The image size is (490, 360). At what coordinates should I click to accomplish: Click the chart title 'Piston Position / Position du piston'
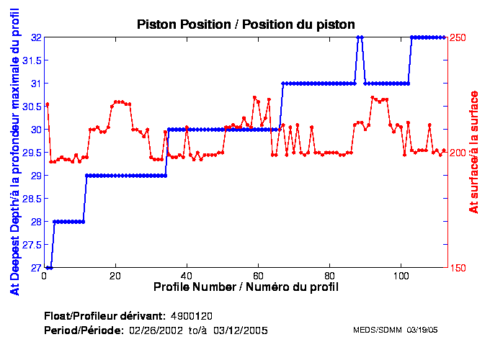pyautogui.click(x=246, y=24)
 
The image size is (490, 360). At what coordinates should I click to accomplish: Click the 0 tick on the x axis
pyautogui.click(x=45, y=275)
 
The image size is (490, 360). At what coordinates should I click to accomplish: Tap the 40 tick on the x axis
pyautogui.click(x=187, y=275)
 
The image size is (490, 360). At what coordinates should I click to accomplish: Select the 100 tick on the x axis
pyautogui.click(x=400, y=275)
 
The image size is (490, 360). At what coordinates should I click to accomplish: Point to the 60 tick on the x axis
pyautogui.click(x=258, y=275)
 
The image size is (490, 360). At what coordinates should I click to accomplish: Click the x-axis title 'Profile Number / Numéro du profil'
pyautogui.click(x=246, y=287)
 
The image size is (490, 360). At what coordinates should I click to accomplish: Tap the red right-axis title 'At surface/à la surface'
pyautogui.click(x=474, y=152)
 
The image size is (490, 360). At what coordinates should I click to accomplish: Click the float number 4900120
pyautogui.click(x=192, y=316)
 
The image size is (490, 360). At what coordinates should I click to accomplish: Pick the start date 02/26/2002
pyautogui.click(x=154, y=330)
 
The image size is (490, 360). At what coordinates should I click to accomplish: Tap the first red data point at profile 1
pyautogui.click(x=47, y=104)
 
